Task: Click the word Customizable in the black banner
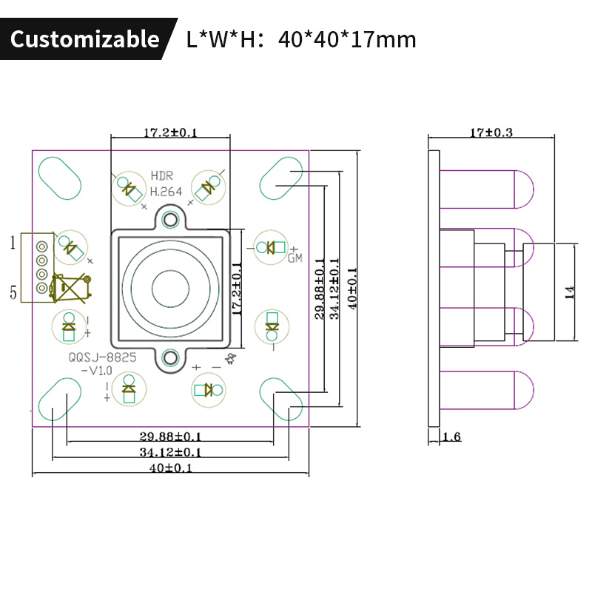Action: (x=84, y=38)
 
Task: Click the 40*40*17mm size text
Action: (x=347, y=38)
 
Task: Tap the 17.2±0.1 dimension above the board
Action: (x=169, y=133)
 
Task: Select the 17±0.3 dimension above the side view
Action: (x=491, y=133)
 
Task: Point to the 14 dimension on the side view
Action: (x=569, y=293)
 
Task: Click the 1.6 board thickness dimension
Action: (x=451, y=437)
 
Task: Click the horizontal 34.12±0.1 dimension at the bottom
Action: (x=171, y=452)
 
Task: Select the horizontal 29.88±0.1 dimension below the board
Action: (x=171, y=436)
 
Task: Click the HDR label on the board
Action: (x=161, y=176)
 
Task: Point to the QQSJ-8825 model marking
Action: (x=102, y=357)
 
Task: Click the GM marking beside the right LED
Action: (x=295, y=258)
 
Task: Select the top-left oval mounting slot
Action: (x=59, y=178)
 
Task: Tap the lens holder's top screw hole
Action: (x=172, y=219)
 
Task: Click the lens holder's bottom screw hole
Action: (x=172, y=359)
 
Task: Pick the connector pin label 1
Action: (x=13, y=242)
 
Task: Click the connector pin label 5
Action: (x=13, y=292)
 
